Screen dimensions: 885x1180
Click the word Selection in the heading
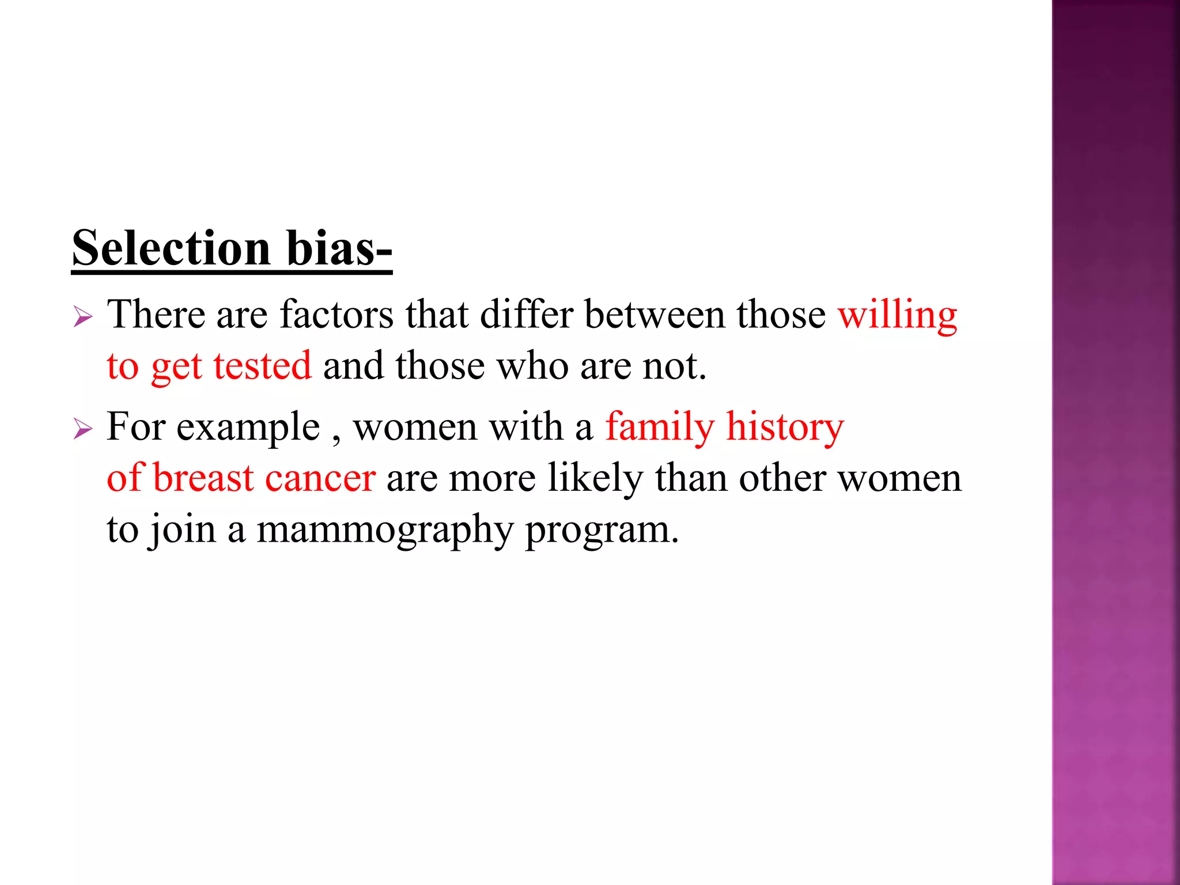171,248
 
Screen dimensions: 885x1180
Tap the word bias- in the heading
339,248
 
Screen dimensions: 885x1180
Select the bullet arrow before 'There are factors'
83,316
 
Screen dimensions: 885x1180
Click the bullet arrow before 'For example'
83,429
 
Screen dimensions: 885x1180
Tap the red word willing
897,316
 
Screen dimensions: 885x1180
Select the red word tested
262,366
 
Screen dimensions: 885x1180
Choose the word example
248,428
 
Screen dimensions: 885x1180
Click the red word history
785,428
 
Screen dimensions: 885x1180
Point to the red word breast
203,478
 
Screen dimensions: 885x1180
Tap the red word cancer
320,479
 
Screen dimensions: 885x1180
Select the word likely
595,479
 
